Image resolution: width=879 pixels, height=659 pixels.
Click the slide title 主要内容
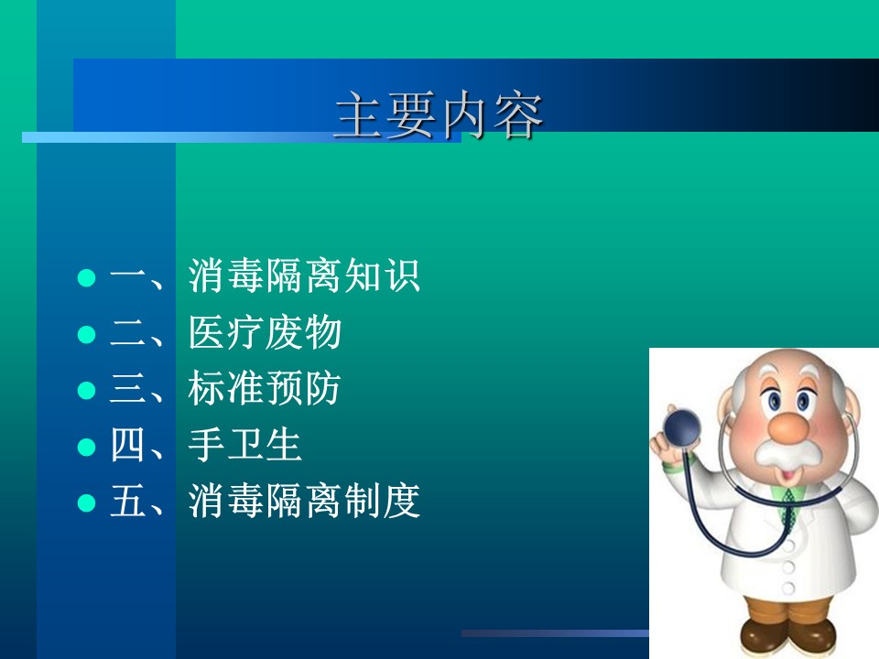439,115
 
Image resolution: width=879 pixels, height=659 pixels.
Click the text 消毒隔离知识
304,275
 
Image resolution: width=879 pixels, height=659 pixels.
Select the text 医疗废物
266,332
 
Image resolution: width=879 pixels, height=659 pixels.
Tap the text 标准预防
265,388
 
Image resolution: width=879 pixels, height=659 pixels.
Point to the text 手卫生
245,445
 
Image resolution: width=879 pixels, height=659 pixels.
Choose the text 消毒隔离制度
304,501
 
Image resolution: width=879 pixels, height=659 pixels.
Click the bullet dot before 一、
86,277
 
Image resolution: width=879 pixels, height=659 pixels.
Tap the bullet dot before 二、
86,334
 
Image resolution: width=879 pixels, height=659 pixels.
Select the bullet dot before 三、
86,390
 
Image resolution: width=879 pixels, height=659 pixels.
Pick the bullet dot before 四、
86,447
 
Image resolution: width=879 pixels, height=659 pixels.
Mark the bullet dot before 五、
86,502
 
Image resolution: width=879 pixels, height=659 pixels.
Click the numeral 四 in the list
127,445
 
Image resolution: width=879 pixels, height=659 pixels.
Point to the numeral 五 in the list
128,501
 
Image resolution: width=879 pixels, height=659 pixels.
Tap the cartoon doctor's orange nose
787,427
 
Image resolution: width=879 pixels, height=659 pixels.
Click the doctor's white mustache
786,453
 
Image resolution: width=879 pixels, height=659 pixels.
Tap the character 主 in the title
359,115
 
